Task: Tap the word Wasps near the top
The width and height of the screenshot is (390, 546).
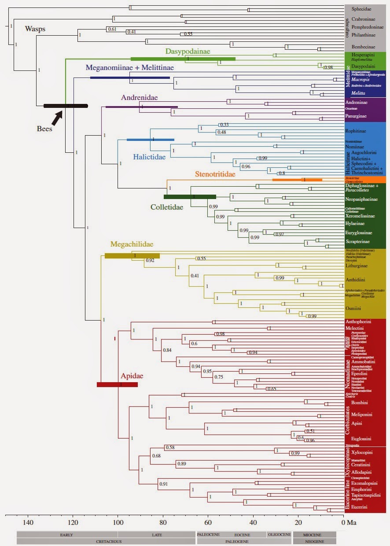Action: coord(35,30)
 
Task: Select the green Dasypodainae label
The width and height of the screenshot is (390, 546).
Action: coord(188,52)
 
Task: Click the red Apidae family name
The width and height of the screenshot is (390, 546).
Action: coord(132,376)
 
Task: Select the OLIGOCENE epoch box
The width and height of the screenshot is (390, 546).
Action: coord(279,535)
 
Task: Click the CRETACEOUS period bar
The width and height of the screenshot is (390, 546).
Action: coord(106,541)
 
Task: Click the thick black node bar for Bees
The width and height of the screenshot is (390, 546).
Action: coord(66,106)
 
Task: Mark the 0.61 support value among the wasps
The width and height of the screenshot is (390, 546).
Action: coord(112,29)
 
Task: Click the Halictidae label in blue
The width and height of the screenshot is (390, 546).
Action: coord(151,157)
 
